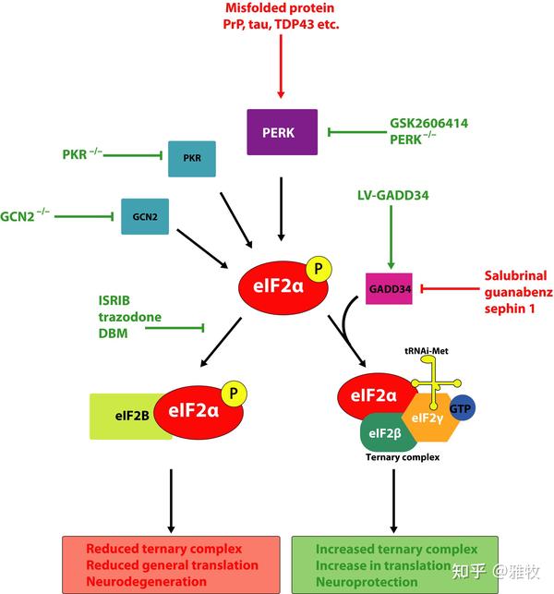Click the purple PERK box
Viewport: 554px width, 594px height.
(x=283, y=132)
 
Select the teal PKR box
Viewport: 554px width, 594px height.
(x=192, y=159)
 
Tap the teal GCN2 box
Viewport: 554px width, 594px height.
(x=145, y=216)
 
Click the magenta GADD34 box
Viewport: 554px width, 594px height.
(x=389, y=288)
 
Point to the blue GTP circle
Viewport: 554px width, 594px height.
(x=462, y=408)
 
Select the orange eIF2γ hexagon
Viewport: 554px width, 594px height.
(x=430, y=418)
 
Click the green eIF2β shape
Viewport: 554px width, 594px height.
(x=385, y=432)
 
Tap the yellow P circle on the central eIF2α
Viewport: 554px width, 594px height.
(x=319, y=269)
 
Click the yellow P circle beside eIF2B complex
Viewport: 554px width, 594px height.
(x=234, y=394)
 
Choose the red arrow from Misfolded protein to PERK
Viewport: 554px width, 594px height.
(x=281, y=67)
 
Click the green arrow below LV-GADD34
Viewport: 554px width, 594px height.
(x=391, y=237)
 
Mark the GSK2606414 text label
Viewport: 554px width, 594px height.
(x=428, y=123)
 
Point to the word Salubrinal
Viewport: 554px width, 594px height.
(x=515, y=275)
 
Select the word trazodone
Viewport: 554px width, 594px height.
(x=130, y=317)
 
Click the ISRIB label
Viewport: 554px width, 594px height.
(x=114, y=300)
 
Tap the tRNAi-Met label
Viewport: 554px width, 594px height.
(x=427, y=351)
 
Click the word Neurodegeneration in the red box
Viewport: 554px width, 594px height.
(x=147, y=581)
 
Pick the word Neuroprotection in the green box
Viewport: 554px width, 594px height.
(x=367, y=581)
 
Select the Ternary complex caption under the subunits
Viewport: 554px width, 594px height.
(x=403, y=457)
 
